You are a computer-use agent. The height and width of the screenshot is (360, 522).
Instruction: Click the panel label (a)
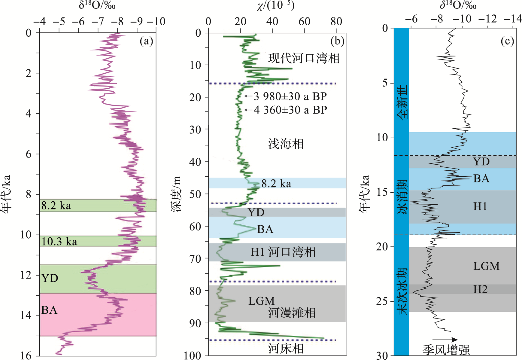[x=146, y=41]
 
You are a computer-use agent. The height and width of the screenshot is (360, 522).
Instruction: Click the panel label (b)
[x=337, y=41]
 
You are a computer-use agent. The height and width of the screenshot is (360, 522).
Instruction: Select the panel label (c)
[x=507, y=41]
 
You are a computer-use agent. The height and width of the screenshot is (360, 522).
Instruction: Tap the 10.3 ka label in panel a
[x=59, y=242]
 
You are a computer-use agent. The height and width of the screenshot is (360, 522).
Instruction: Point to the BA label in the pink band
[x=49, y=310]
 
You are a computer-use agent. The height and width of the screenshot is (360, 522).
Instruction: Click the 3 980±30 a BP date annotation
[x=290, y=96]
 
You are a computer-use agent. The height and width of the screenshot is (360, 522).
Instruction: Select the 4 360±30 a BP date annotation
[x=290, y=110]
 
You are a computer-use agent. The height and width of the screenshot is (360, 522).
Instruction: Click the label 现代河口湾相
[x=304, y=58]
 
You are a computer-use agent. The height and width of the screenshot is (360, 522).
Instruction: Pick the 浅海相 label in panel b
[x=286, y=144]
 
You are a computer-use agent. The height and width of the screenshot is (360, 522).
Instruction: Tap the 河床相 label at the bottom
[x=286, y=349]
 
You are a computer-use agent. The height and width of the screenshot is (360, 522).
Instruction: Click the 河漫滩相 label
[x=292, y=313]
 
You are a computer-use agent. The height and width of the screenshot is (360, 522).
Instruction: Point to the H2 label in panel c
[x=480, y=289]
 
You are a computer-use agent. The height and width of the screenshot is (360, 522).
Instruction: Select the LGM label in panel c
[x=486, y=266]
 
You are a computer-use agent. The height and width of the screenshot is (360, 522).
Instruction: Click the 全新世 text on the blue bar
[x=402, y=102]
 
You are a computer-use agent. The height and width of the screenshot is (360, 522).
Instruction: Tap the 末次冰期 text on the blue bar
[x=402, y=291]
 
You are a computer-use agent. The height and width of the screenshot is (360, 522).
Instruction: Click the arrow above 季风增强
[x=446, y=340]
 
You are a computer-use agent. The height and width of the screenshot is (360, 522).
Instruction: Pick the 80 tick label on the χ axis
[x=336, y=22]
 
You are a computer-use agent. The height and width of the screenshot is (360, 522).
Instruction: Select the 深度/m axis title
[x=177, y=194]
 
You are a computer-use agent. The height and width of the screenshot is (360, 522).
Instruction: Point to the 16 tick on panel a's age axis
[x=26, y=356]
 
